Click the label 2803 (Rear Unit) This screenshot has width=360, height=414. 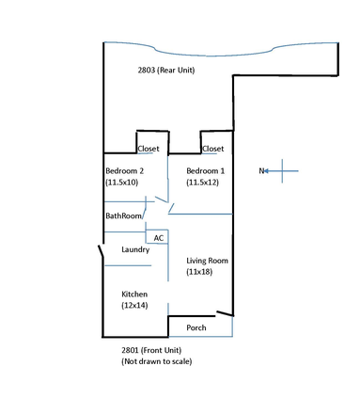pos(166,70)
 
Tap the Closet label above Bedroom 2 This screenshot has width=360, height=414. pos(149,149)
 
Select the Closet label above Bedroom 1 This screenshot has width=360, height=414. pos(213,149)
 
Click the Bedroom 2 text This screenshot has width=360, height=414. pos(124,170)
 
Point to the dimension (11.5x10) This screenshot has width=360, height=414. pos(123,183)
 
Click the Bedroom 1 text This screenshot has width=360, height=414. pos(205,170)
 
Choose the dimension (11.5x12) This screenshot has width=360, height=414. pos(205,183)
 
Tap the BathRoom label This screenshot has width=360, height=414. pos(123,216)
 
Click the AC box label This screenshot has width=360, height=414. pos(158,238)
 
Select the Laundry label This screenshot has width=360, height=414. pos(136,249)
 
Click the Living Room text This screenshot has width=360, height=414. pos(208,260)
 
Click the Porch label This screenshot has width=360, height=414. pos(196,328)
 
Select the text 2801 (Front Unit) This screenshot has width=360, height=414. pos(156,350)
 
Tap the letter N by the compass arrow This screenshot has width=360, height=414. pos(262,171)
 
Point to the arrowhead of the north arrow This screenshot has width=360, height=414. pos(269,170)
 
